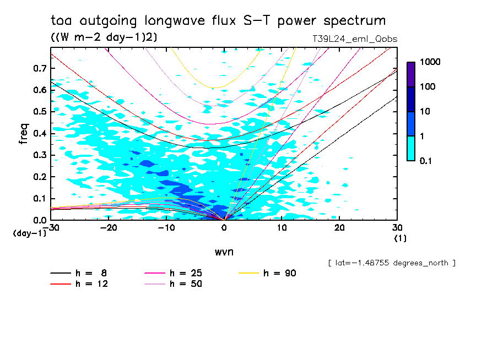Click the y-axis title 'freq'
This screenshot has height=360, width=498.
pos(24,134)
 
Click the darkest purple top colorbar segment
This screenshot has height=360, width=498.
pos(411,74)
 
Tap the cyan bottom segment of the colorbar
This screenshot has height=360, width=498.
pos(411,148)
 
